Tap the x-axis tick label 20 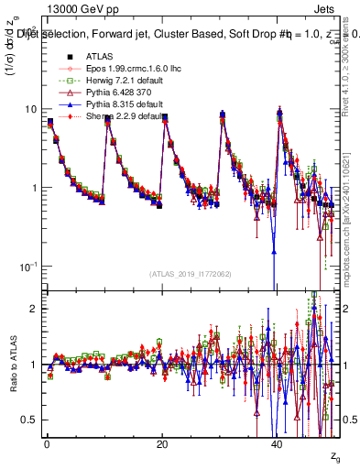(162, 444)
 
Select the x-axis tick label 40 (278, 444)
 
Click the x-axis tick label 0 (47, 444)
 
